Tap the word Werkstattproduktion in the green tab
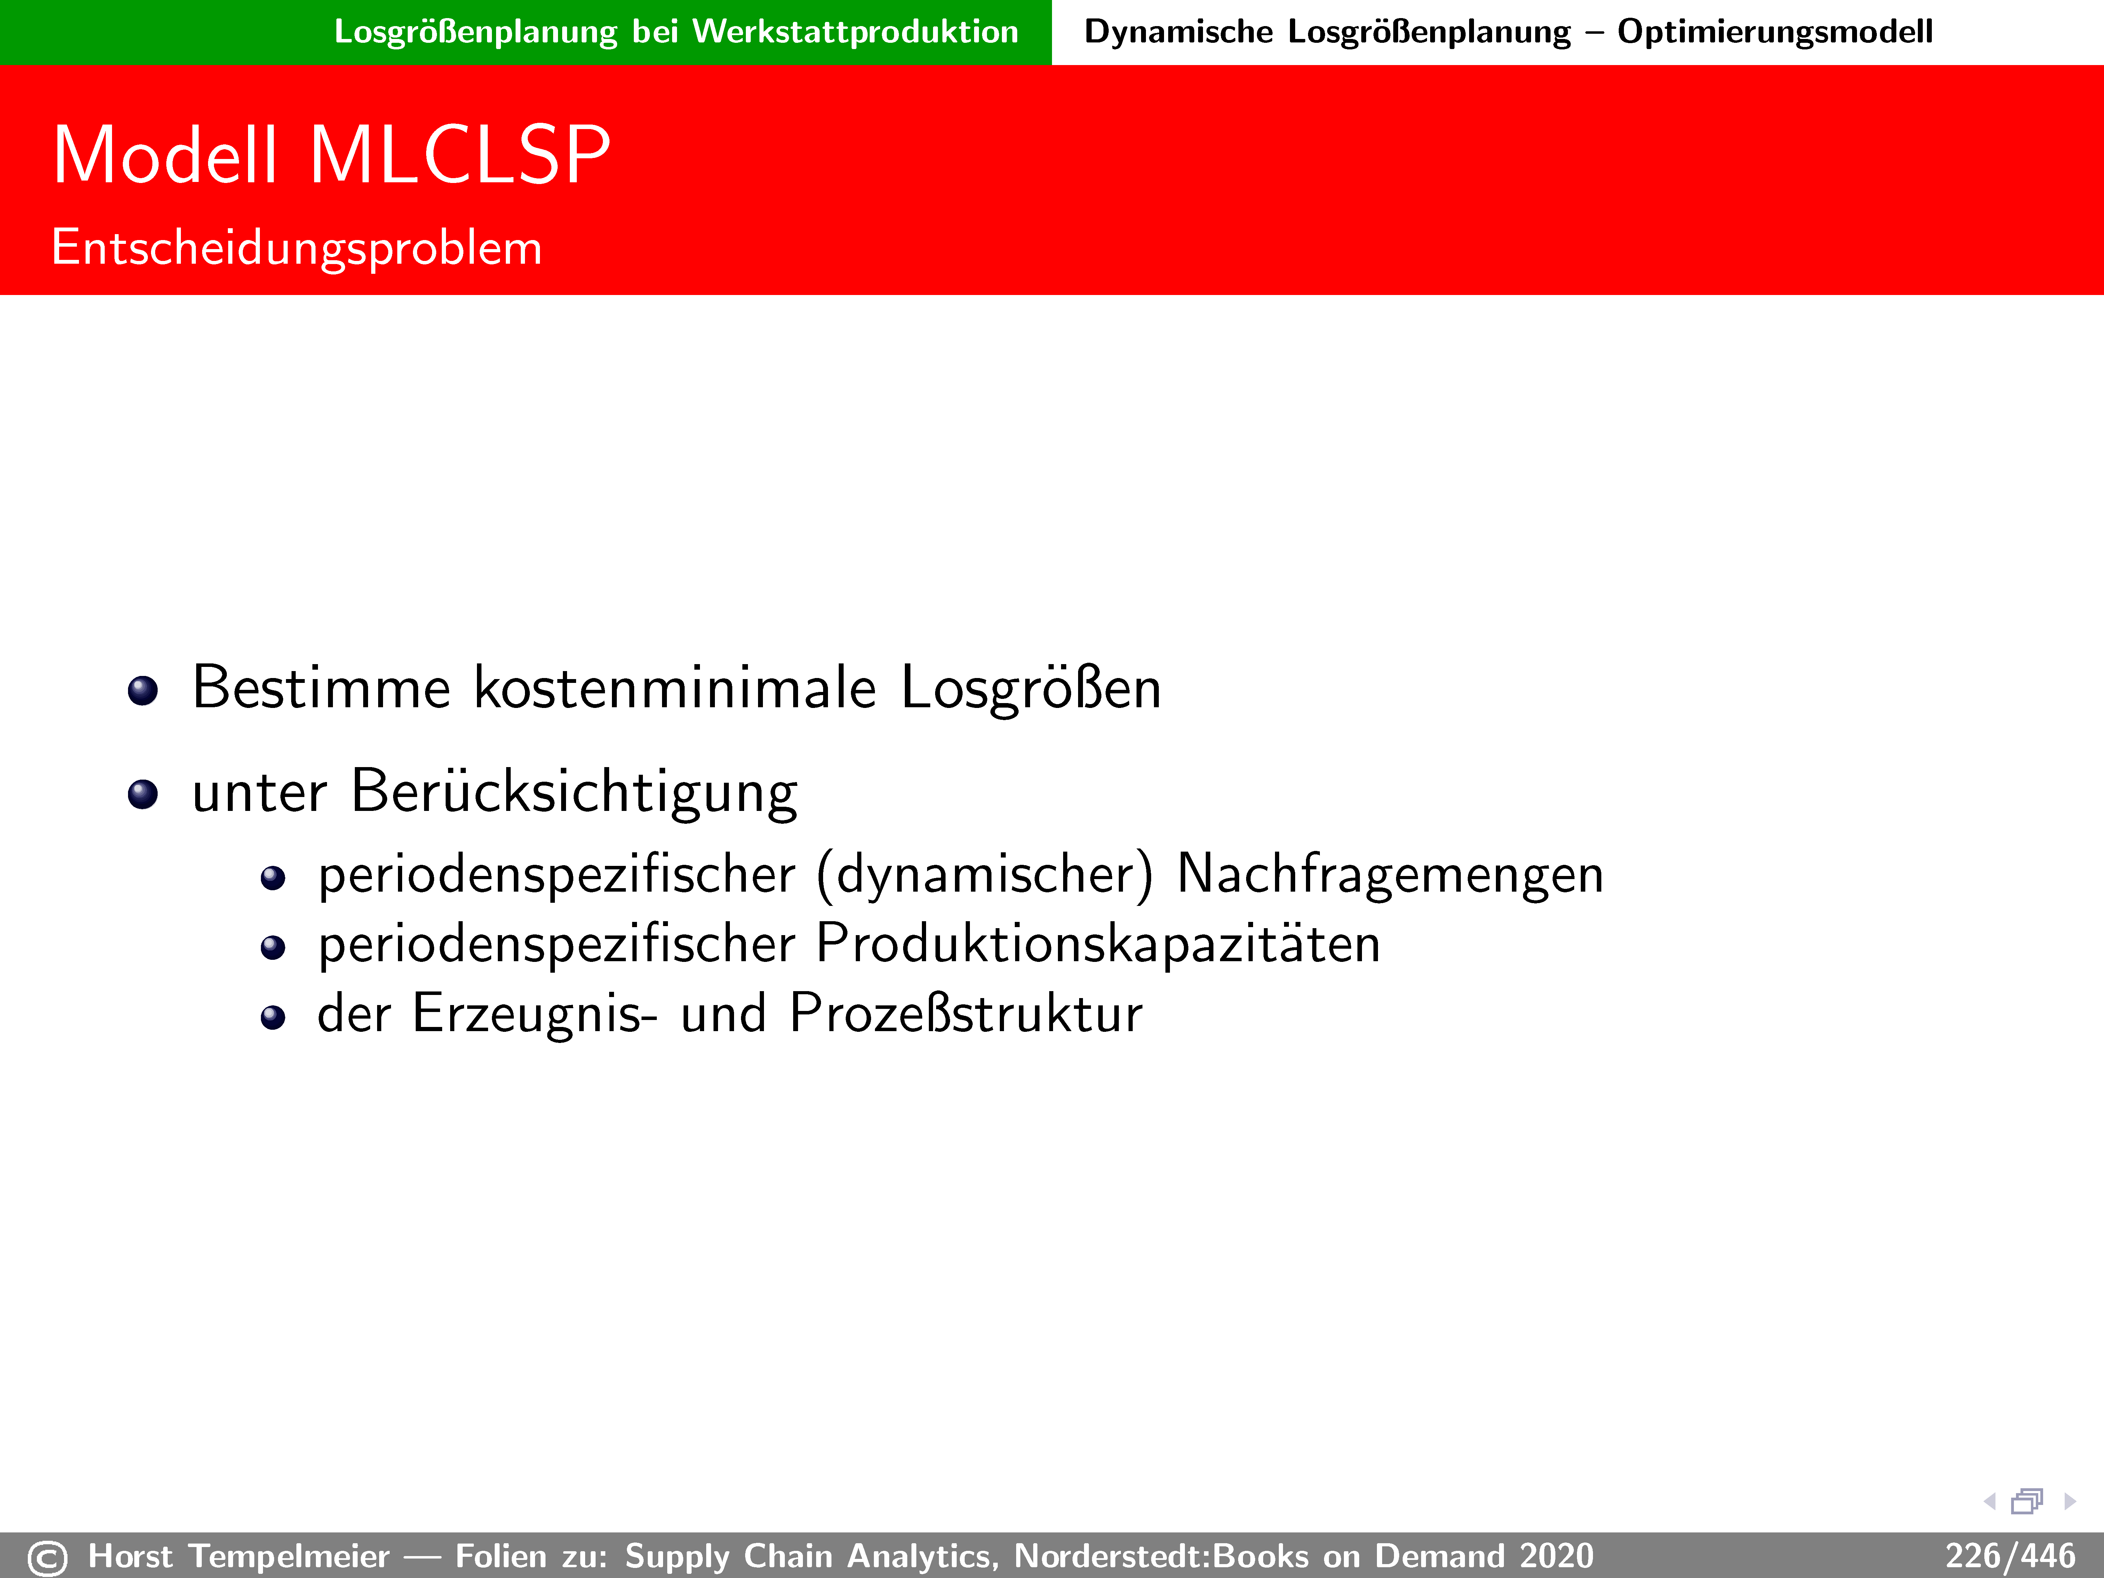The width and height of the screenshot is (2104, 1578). pos(855,32)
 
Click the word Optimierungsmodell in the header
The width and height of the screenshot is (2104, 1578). pos(1775,32)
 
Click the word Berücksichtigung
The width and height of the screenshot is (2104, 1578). pos(574,792)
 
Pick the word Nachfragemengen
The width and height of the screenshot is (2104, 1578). pos(1390,875)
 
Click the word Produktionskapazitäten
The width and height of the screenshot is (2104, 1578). pos(1098,945)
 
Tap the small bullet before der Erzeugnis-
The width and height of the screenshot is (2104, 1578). pos(273,1018)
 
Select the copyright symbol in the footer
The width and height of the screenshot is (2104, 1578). pos(48,1558)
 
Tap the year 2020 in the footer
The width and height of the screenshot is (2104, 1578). pos(1556,1556)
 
